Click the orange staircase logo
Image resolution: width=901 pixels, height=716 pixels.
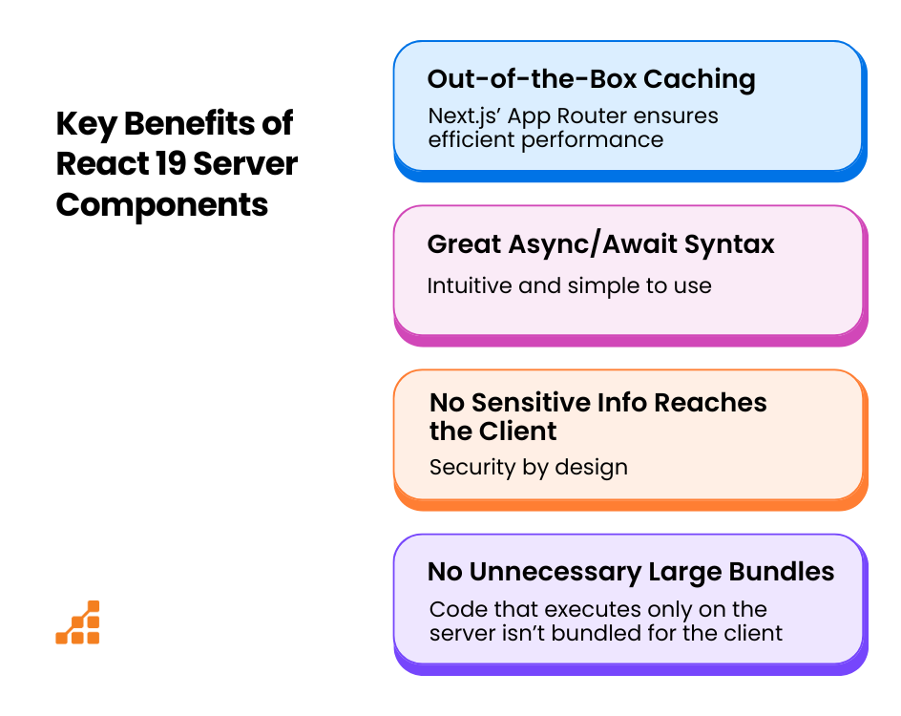click(x=77, y=622)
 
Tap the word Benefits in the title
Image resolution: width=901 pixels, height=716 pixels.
click(x=189, y=123)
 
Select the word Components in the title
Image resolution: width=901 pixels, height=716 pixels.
click(x=162, y=205)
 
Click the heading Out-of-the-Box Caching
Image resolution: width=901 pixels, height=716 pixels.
click(x=592, y=79)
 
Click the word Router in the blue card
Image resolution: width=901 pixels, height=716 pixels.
click(x=590, y=116)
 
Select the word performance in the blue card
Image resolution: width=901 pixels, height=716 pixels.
click(x=593, y=140)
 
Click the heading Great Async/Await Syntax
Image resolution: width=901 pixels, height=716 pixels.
click(x=601, y=244)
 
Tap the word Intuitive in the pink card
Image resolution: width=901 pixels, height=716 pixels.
click(x=470, y=285)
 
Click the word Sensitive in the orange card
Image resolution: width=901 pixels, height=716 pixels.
click(x=531, y=402)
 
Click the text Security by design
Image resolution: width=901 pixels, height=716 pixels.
click(x=529, y=468)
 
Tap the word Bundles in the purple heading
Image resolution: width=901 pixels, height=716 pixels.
click(x=782, y=572)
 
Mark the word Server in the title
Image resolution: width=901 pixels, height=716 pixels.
click(x=245, y=164)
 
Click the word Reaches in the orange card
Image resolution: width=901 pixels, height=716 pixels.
click(x=710, y=402)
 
